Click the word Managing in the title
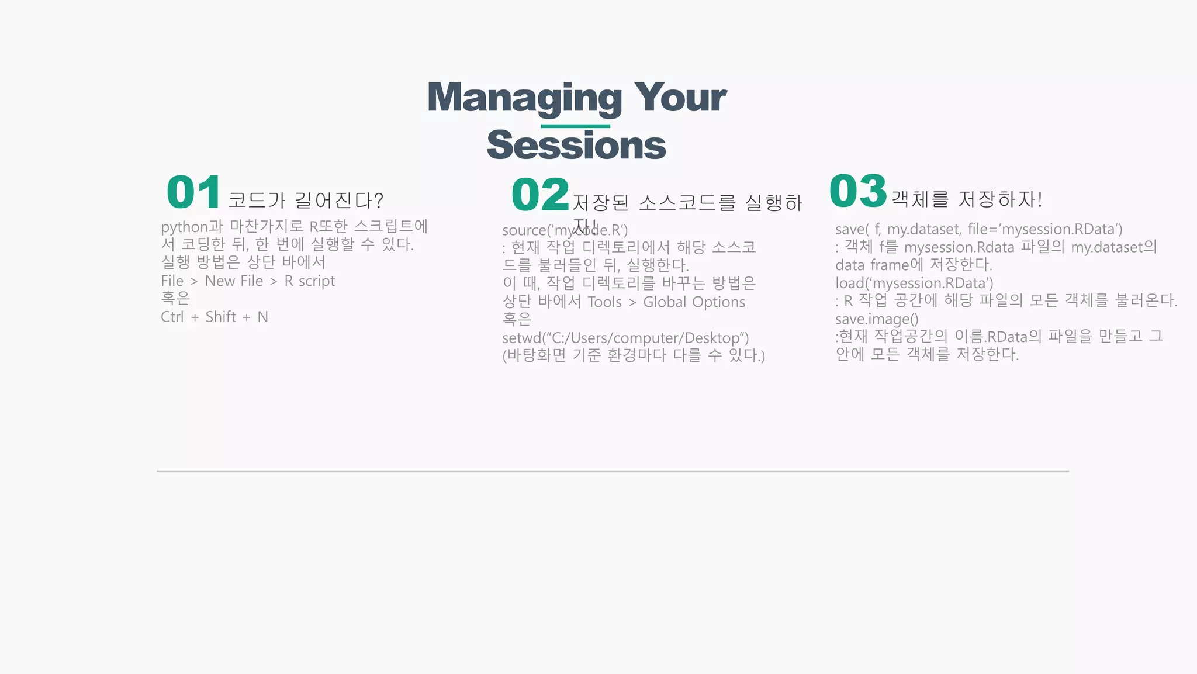(524, 98)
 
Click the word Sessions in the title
(576, 146)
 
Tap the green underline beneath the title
(575, 126)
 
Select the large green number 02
(539, 195)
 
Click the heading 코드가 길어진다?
(305, 201)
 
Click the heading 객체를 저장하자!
(967, 199)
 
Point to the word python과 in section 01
(192, 227)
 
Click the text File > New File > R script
(248, 281)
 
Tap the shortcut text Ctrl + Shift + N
(214, 317)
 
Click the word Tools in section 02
(604, 302)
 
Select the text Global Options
(694, 302)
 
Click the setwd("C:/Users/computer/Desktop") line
(625, 338)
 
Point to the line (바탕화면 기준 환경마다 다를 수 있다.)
(633, 355)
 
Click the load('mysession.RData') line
(914, 284)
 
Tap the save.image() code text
(876, 319)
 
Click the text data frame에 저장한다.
(913, 265)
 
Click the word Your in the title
(680, 98)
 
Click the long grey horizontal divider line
(612, 471)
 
